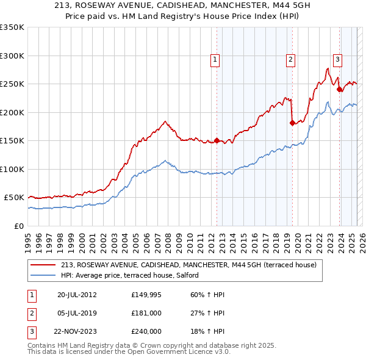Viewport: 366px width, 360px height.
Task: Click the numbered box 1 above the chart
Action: coord(216,59)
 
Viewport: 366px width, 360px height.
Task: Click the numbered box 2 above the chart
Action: coord(290,59)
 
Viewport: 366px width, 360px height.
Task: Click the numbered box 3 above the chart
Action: coord(337,59)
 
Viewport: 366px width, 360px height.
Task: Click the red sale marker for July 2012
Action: coord(217,141)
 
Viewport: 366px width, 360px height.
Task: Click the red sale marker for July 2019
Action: coord(292,123)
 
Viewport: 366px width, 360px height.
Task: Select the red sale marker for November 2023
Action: coord(340,90)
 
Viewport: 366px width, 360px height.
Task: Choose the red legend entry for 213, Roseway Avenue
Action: coord(188,265)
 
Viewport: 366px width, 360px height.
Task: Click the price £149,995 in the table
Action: coord(146,295)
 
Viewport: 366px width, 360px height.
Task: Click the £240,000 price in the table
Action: coord(146,331)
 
